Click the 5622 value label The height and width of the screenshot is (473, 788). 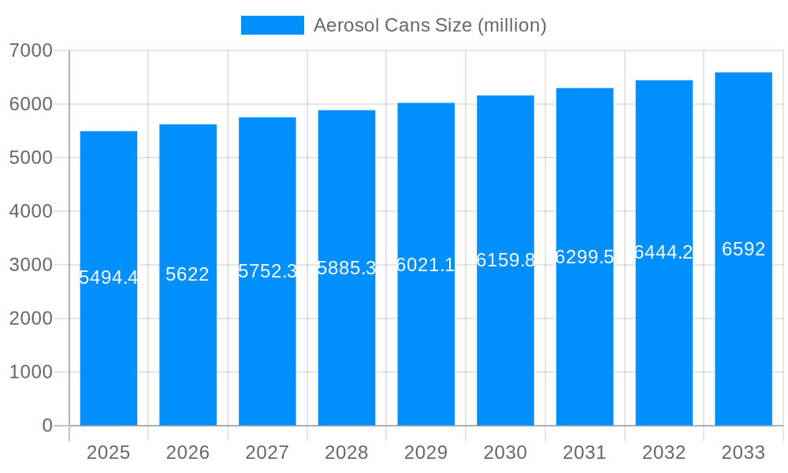pyautogui.click(x=188, y=274)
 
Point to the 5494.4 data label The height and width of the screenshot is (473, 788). pyautogui.click(x=109, y=277)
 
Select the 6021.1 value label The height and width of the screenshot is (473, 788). pyautogui.click(x=426, y=265)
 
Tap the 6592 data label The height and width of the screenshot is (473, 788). pyautogui.click(x=743, y=249)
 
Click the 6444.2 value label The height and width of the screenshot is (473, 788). pyautogui.click(x=663, y=252)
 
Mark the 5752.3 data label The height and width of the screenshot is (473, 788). pyautogui.click(x=267, y=271)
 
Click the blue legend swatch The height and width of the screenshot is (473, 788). pyautogui.click(x=272, y=25)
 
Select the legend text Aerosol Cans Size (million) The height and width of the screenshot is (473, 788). pyautogui.click(x=429, y=25)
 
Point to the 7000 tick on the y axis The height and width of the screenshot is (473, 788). pyautogui.click(x=31, y=50)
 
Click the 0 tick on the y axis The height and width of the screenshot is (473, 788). pyautogui.click(x=46, y=426)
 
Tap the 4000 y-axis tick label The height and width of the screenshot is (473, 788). pyautogui.click(x=31, y=211)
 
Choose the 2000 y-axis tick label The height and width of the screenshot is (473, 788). pyautogui.click(x=31, y=318)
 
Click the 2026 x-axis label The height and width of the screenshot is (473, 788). pyautogui.click(x=188, y=453)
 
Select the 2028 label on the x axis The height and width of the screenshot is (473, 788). pyautogui.click(x=347, y=453)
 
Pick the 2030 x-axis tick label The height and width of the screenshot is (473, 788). pyautogui.click(x=505, y=453)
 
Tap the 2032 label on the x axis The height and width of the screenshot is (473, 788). pyautogui.click(x=663, y=453)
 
